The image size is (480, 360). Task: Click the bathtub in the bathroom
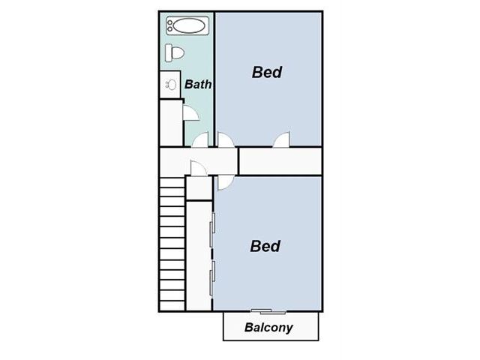coord(187,25)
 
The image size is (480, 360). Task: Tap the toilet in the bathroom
coord(175,52)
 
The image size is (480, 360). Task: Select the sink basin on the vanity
coord(171,85)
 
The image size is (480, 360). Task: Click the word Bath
coord(198,84)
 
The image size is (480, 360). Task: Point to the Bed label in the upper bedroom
coord(267,72)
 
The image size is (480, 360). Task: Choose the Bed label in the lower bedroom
coord(265,246)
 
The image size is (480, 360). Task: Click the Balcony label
coord(268,328)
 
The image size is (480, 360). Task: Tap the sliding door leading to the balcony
coord(268,312)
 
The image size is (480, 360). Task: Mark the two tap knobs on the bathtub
coord(170,25)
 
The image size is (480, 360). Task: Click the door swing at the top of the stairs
coord(198,168)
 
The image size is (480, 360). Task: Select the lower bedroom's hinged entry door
coord(226,183)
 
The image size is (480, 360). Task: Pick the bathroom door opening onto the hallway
coord(200,140)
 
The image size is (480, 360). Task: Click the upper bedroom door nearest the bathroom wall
coord(226,139)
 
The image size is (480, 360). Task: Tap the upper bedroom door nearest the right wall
coord(281,139)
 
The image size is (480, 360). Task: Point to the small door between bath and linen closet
coord(190,112)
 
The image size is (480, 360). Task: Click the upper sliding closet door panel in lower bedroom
coord(211,229)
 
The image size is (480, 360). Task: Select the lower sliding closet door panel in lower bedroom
coord(211,278)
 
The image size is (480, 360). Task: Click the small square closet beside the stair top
coord(199,188)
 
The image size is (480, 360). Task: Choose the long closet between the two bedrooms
coord(280,161)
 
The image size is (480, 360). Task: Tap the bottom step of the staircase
coord(172,305)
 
